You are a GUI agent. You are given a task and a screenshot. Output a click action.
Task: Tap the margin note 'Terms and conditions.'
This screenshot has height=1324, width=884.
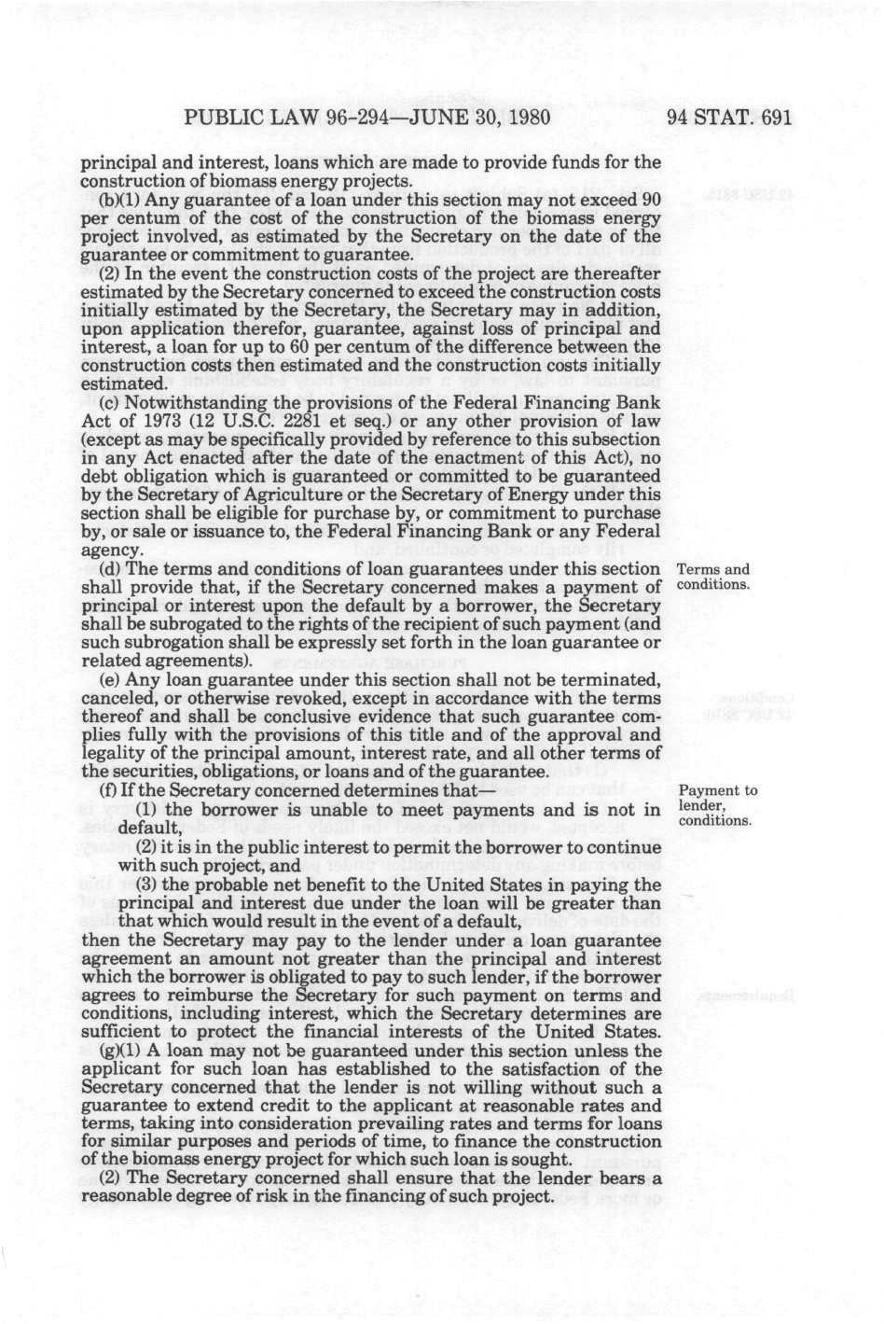coord(713,578)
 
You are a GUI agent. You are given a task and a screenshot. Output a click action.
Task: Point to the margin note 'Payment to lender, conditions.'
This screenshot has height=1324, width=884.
coord(716,806)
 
